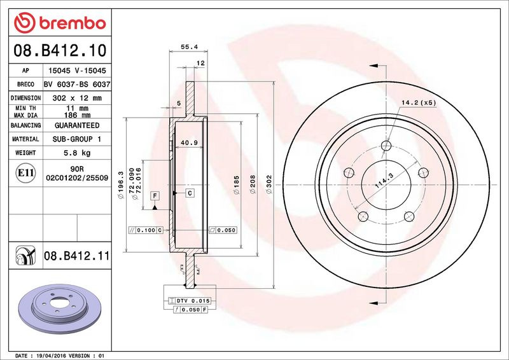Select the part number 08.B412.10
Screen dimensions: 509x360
coord(60,50)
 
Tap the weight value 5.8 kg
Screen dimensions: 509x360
coord(77,153)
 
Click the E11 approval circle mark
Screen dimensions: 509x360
coord(25,173)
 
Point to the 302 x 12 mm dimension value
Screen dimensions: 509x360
coord(77,98)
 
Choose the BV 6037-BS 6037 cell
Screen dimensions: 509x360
coord(77,85)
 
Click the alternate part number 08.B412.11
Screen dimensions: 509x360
coord(77,256)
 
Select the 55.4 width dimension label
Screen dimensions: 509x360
coord(189,46)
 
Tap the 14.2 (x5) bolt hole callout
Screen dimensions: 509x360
coord(419,103)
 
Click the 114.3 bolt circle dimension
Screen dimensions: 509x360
coord(384,181)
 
